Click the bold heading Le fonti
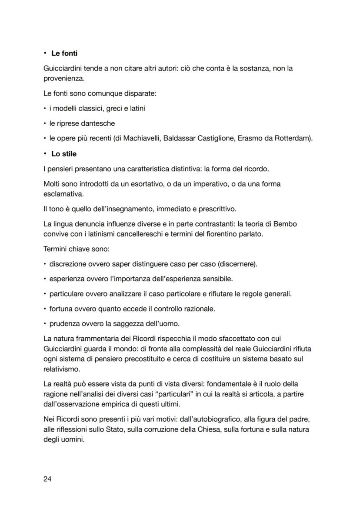[x=64, y=53]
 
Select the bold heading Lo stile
[x=64, y=154]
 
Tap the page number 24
[x=47, y=479]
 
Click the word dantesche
[x=100, y=123]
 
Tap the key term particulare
[x=67, y=294]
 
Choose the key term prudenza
[x=64, y=324]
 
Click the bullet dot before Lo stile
[x=45, y=154]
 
